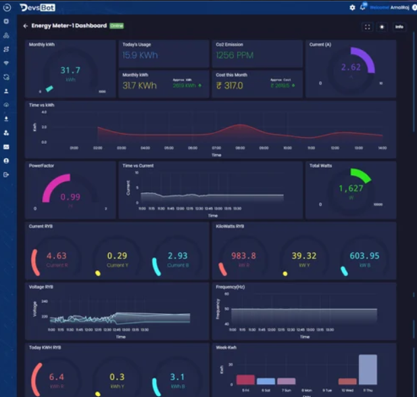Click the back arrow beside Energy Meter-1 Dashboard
point(26,26)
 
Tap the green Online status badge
point(116,26)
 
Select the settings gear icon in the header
point(352,7)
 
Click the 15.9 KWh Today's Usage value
point(140,55)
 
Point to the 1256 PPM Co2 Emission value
point(235,55)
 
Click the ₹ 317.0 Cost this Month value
point(230,86)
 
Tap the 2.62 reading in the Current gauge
point(351,67)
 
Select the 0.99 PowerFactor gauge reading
point(71,197)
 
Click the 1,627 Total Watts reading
point(351,189)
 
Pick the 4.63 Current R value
point(56,256)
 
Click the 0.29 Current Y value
point(117,256)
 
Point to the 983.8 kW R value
point(243,256)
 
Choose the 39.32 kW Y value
point(303,256)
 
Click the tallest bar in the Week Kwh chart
point(367,369)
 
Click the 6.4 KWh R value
point(56,377)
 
